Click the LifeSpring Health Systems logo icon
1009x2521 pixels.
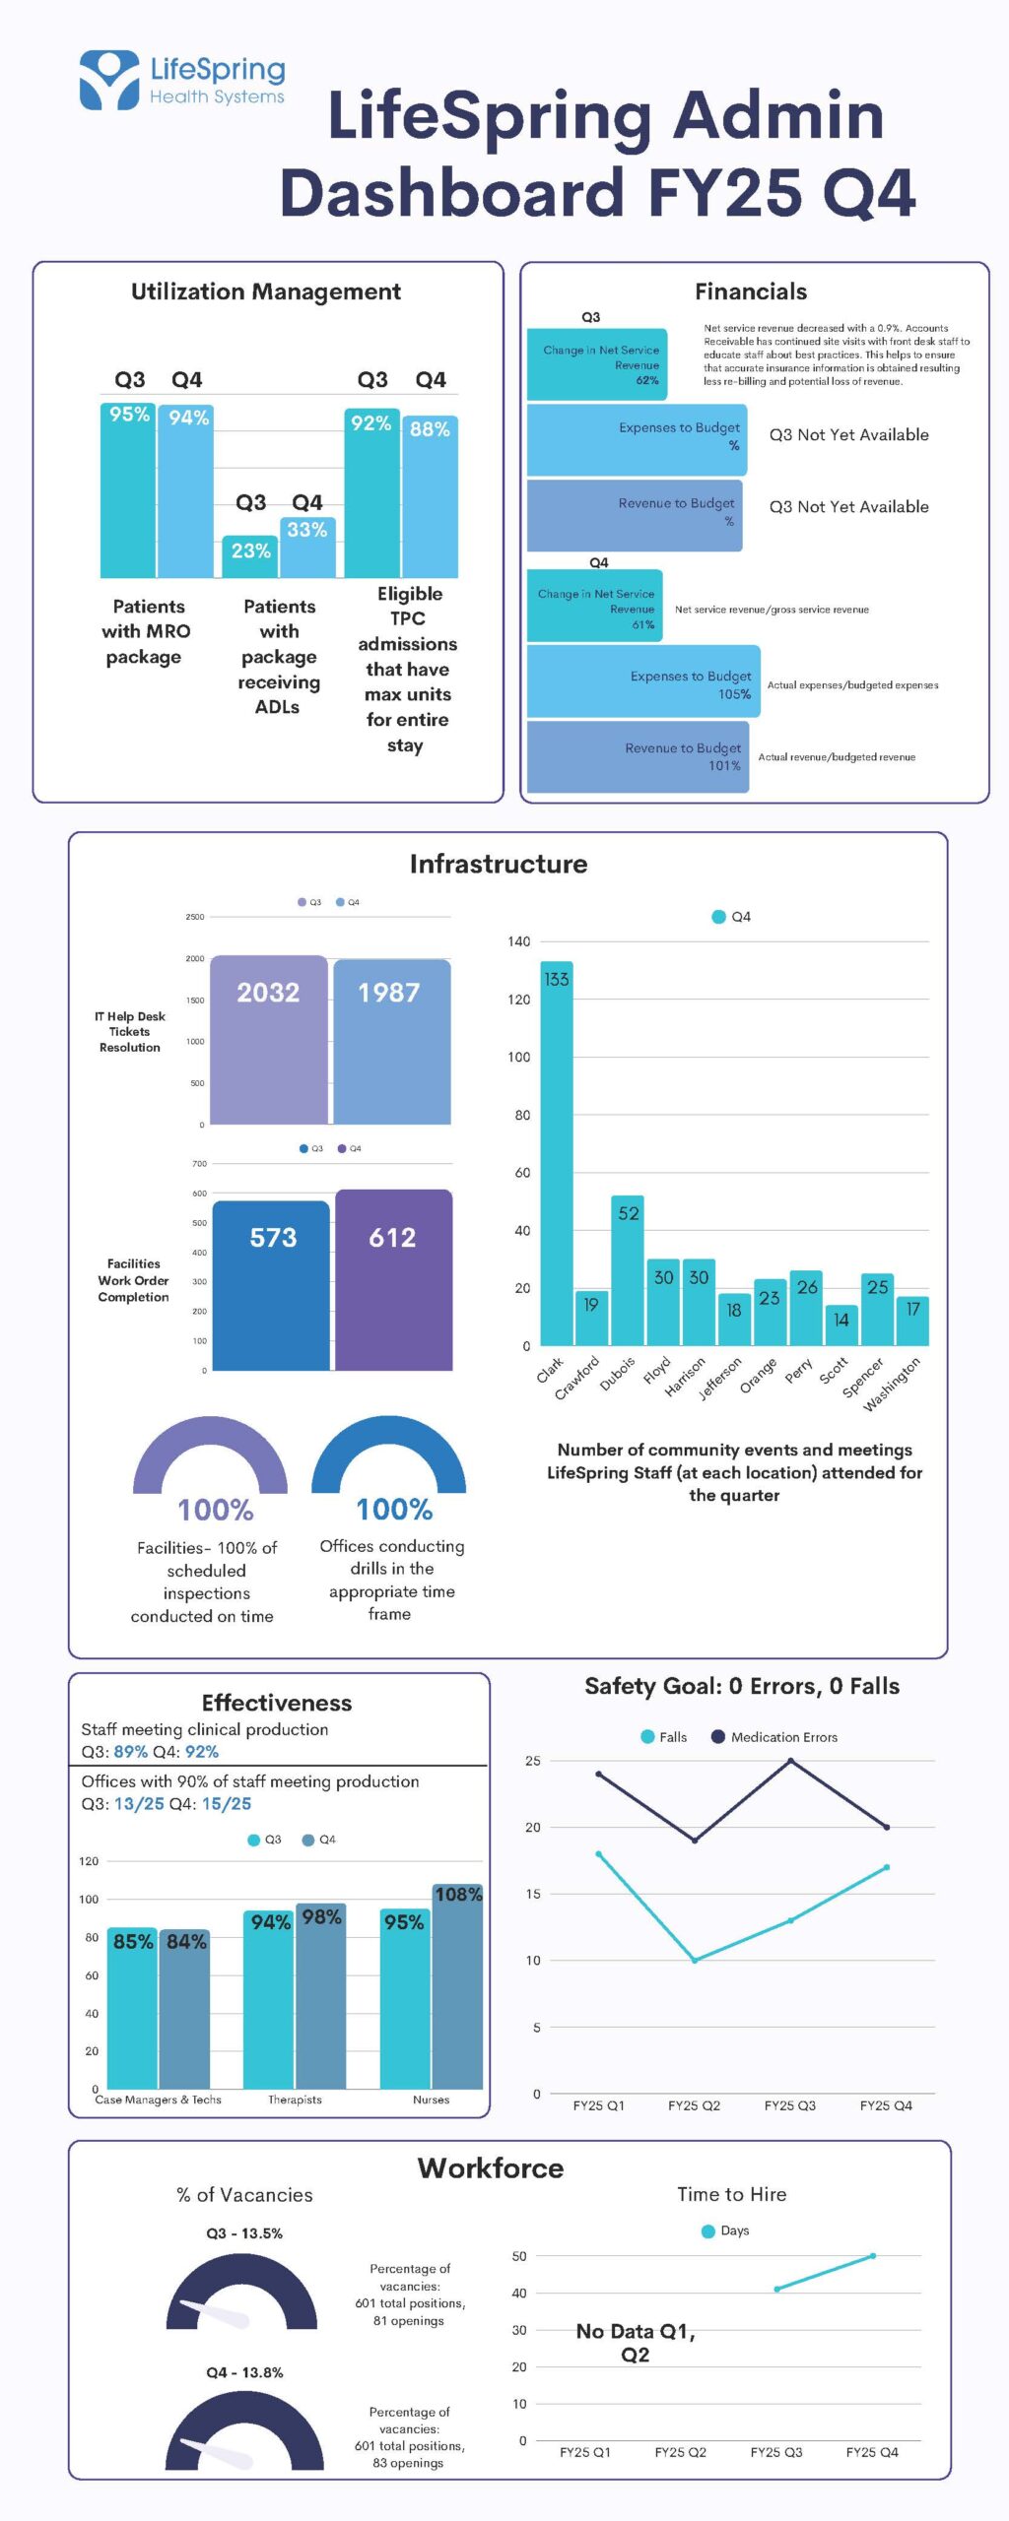109,79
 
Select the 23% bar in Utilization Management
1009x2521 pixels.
250,557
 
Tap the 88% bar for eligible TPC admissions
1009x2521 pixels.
430,496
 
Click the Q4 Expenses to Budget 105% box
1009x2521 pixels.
643,681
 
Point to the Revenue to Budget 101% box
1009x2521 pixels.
638,756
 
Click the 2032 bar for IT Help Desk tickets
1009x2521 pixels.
268,1040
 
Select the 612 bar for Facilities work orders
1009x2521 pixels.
393,1280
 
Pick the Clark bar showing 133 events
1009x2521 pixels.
556,1153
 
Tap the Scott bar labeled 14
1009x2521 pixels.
841,1325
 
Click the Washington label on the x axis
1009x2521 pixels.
892,1384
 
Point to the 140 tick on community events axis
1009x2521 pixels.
519,941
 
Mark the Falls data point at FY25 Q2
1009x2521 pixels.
695,1961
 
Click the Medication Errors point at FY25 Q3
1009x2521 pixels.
790,1761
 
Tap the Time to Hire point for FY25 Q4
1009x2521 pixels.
873,2256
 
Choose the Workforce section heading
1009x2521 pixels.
491,2168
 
